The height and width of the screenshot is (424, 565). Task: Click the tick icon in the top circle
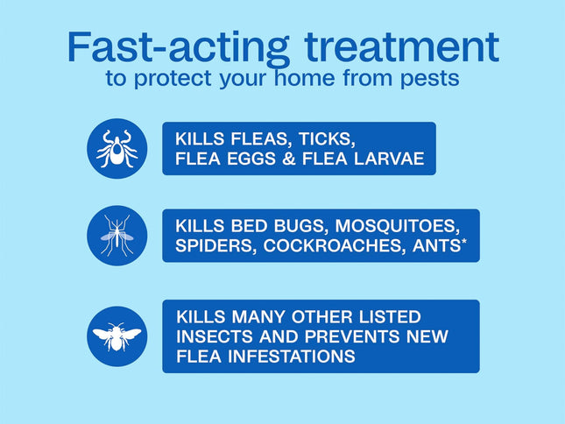click(x=117, y=148)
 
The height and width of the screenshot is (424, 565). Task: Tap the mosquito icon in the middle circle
click(x=117, y=236)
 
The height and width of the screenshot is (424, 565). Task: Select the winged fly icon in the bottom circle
click(x=117, y=336)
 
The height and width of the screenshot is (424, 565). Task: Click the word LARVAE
click(x=385, y=159)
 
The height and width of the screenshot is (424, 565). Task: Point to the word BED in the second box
click(x=241, y=226)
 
